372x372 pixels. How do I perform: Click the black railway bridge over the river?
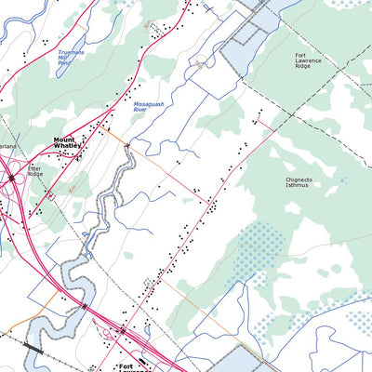point(33,347)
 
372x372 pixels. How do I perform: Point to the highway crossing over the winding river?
point(85,305)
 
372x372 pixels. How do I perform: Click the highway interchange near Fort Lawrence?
point(121,330)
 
